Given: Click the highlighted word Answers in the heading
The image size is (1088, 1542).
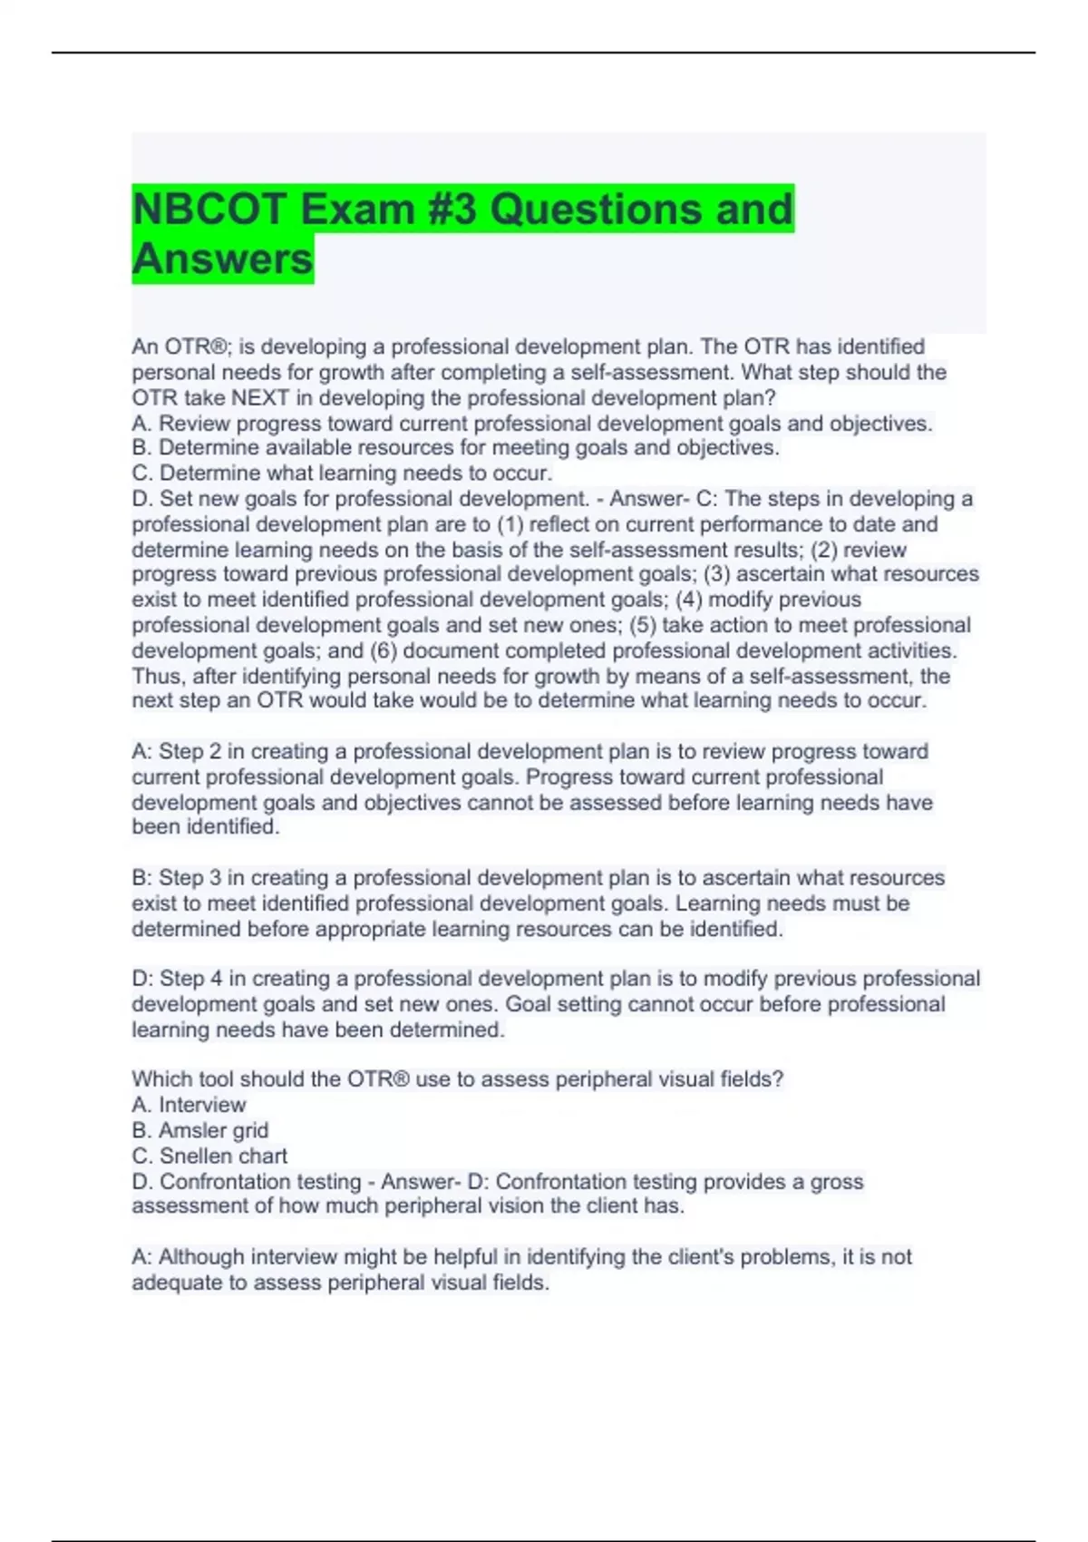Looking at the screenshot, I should [223, 259].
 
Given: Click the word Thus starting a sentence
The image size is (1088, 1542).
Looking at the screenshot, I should [157, 676].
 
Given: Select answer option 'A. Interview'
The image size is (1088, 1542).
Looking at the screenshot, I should [189, 1105].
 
